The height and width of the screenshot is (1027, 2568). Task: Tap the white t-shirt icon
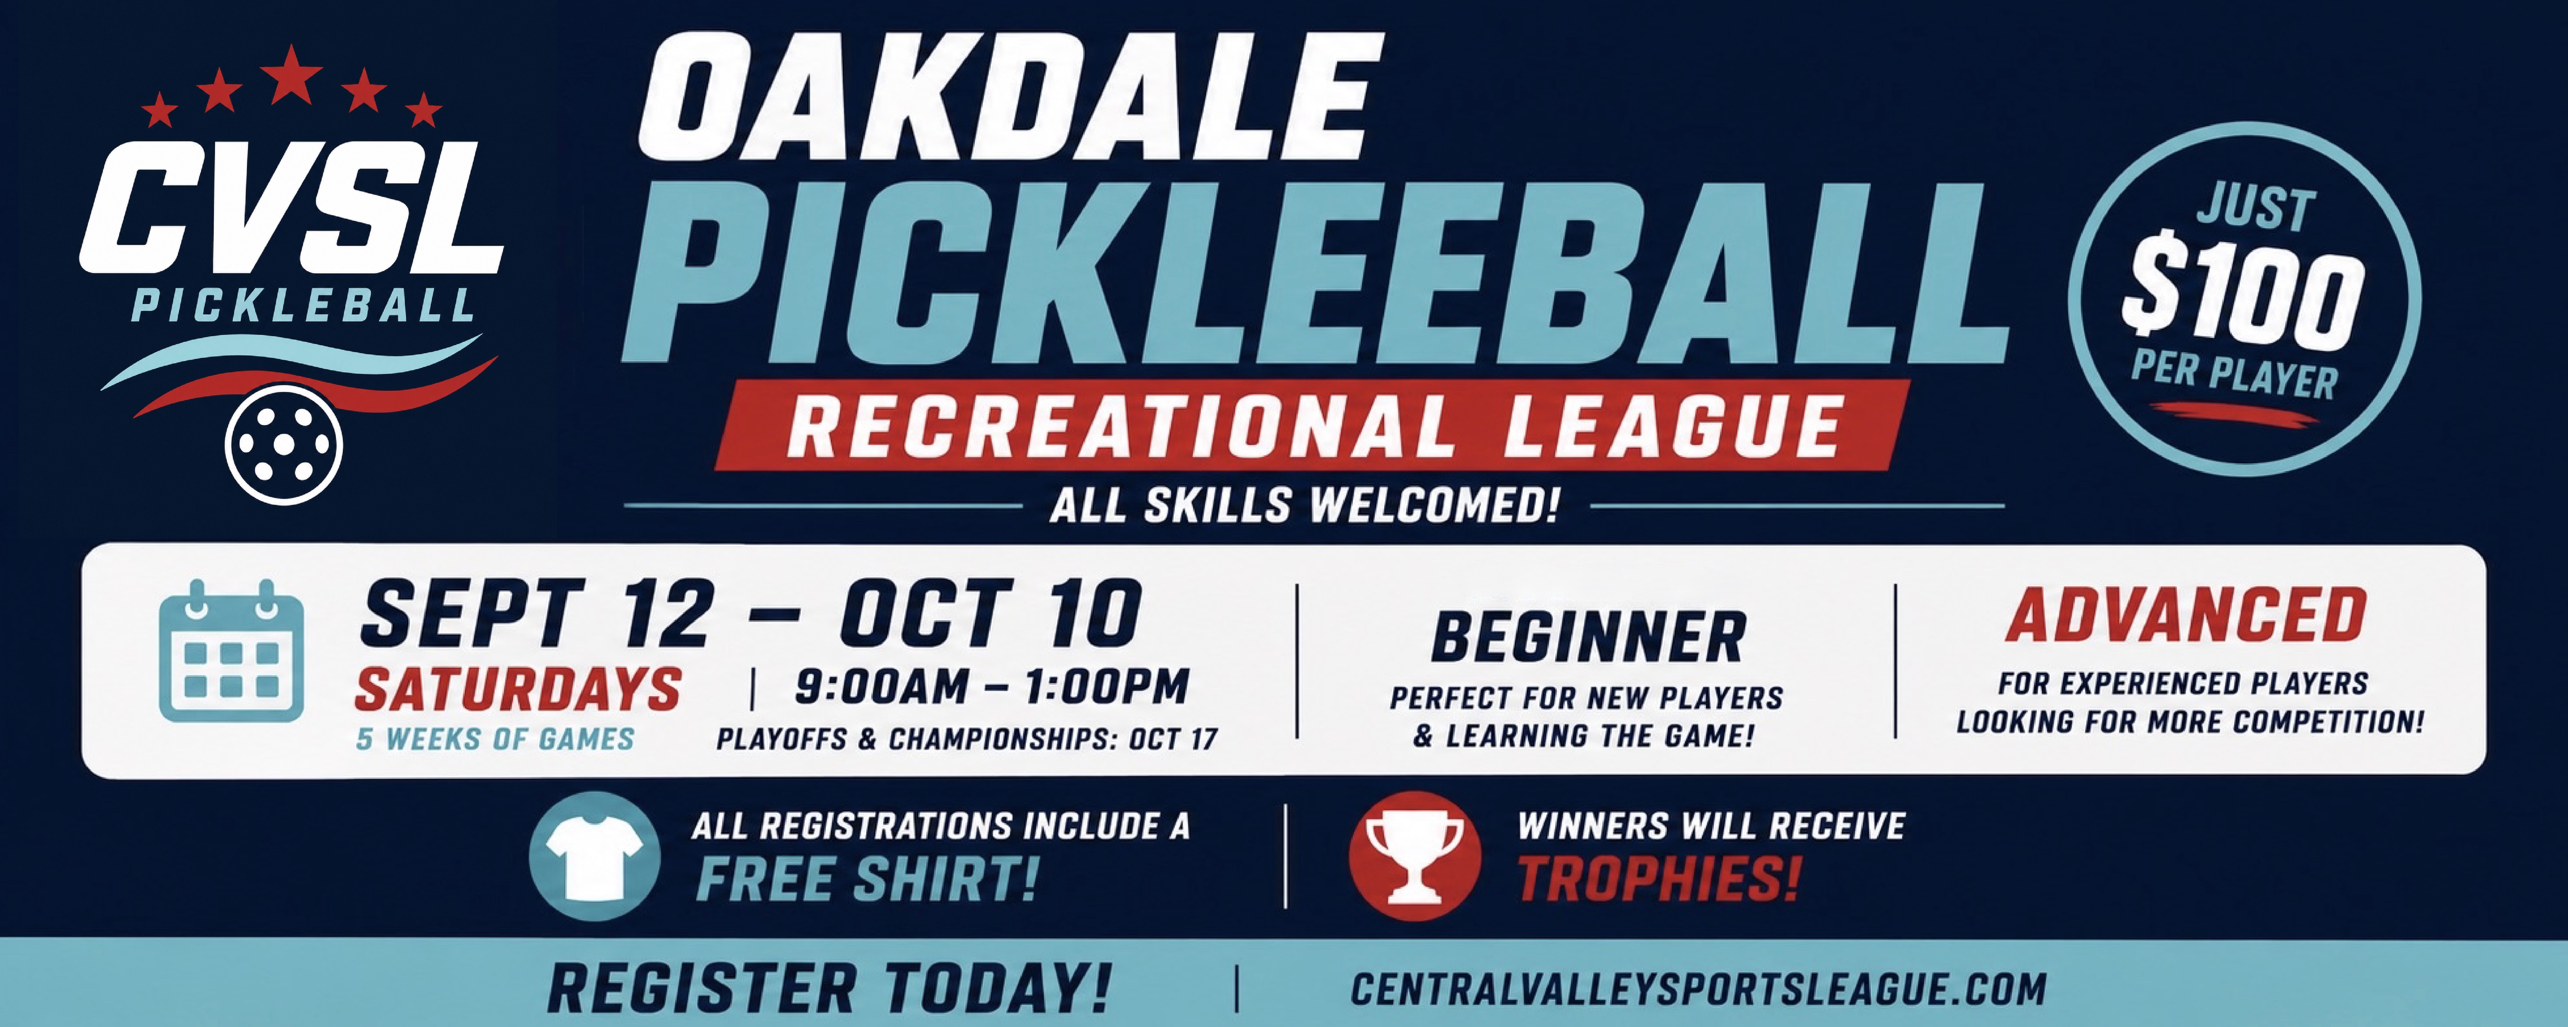coord(594,856)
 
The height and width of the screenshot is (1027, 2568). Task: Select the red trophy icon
coord(1413,856)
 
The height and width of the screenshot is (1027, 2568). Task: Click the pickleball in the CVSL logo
coord(284,445)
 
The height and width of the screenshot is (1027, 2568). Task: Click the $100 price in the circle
coord(2243,296)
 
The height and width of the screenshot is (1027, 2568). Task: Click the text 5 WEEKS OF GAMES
coord(495,739)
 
